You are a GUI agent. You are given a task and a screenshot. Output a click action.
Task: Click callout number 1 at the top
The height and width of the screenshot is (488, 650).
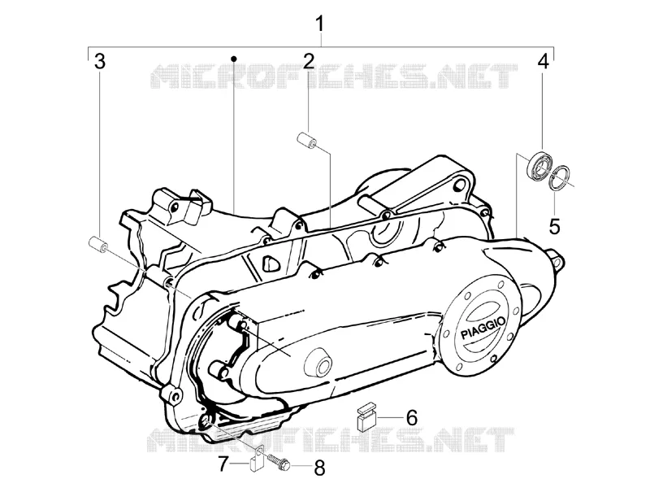[319, 24]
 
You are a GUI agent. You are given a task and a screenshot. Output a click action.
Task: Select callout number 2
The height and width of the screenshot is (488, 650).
[309, 62]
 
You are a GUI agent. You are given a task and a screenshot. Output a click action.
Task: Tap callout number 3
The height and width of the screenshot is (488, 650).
[100, 62]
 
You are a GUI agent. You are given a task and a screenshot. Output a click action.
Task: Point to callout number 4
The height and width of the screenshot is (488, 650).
[543, 62]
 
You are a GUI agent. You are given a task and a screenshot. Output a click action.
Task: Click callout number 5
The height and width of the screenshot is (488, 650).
[555, 227]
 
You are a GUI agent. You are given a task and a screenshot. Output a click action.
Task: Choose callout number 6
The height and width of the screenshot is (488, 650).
[411, 418]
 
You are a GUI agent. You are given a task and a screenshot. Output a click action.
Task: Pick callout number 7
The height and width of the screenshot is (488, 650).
[223, 464]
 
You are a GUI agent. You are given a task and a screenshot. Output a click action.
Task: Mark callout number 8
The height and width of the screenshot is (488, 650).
[318, 468]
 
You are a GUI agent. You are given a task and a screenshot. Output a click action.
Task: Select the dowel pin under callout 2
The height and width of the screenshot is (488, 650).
[307, 140]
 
